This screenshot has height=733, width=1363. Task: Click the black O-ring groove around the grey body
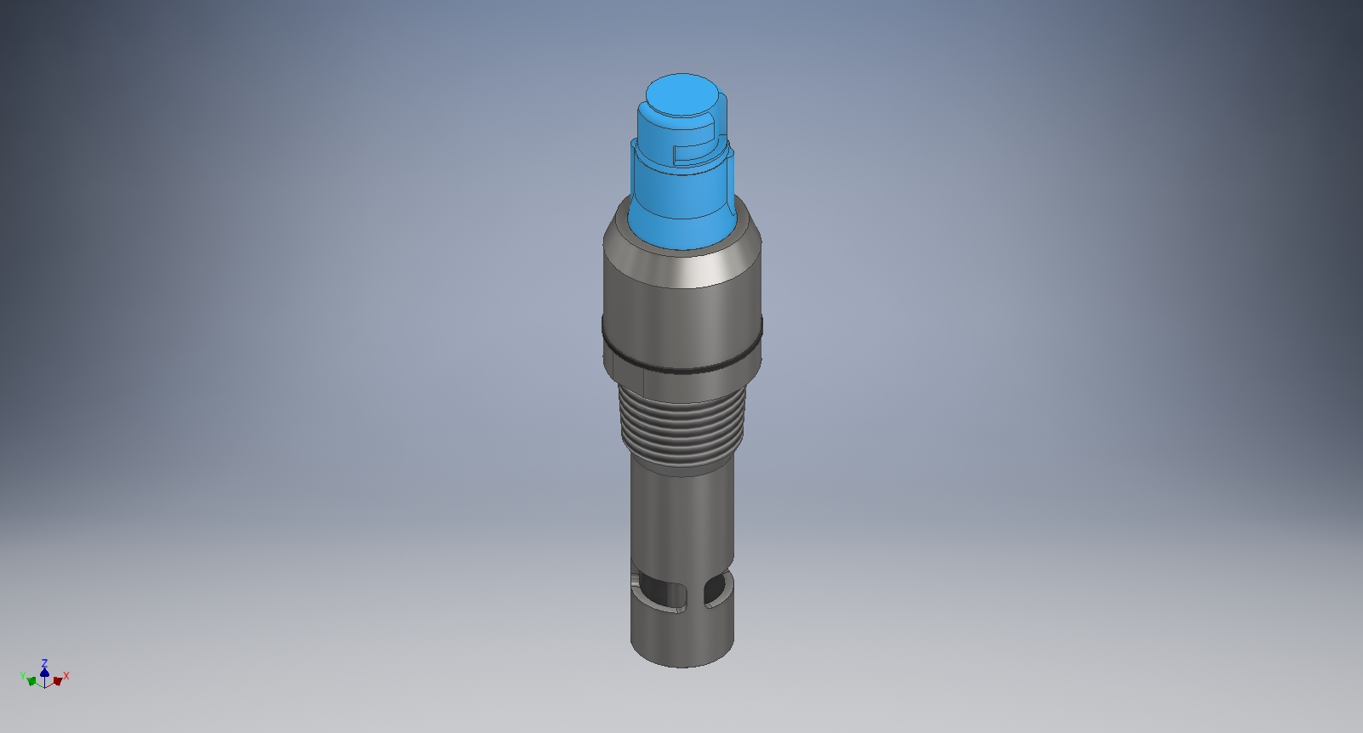point(681,368)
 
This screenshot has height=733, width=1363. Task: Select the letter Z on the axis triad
point(44,662)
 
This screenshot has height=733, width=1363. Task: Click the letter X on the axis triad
point(66,676)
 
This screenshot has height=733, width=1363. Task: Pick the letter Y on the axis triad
point(22,676)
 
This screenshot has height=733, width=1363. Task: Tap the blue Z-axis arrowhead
point(44,672)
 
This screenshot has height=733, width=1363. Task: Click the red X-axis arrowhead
point(57,681)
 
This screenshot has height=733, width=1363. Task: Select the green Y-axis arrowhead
point(31,681)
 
